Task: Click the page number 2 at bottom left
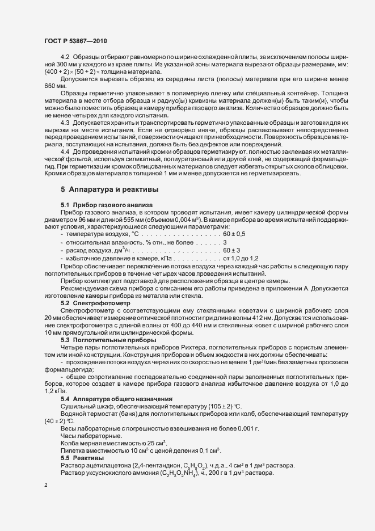45,486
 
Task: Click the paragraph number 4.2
65,58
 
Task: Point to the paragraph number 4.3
65,123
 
